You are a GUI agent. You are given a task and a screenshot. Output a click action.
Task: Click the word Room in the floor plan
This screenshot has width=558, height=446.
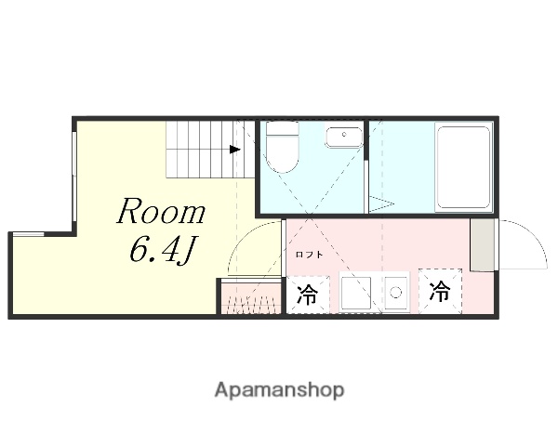tap(161, 211)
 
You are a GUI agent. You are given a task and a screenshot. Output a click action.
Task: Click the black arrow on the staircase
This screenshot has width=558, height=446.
tap(235, 150)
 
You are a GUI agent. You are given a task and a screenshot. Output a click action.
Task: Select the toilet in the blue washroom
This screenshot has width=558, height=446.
tap(282, 147)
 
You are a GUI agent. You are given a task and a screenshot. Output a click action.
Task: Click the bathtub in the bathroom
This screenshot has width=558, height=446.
tap(463, 167)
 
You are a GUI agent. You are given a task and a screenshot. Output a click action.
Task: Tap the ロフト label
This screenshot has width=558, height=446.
tap(310, 255)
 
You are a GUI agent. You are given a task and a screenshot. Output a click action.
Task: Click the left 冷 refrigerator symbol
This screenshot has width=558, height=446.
tap(308, 295)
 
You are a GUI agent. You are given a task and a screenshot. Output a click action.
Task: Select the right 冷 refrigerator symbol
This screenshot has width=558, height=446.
tap(440, 291)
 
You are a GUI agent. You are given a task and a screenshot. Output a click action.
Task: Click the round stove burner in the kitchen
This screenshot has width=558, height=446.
tap(395, 293)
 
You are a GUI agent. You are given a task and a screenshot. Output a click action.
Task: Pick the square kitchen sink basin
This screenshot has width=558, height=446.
tap(356, 294)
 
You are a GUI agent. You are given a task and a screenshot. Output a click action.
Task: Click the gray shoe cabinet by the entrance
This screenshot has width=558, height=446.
tap(482, 244)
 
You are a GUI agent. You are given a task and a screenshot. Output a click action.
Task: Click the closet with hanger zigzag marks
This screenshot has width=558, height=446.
tap(252, 298)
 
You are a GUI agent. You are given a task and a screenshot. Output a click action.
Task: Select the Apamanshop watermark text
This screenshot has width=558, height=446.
tap(279, 390)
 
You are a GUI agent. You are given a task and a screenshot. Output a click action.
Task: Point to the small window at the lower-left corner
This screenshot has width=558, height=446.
tap(28, 234)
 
